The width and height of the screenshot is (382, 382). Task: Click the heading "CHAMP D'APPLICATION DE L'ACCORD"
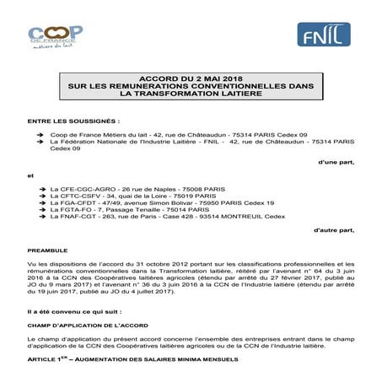coord(89,327)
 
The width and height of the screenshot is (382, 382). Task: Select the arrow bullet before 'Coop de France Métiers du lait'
coord(42,134)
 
